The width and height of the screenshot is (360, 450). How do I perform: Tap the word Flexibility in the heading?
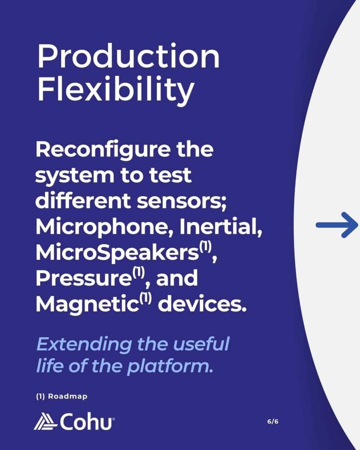pyautogui.click(x=116, y=90)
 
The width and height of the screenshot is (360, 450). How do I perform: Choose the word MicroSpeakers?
pyautogui.click(x=118, y=253)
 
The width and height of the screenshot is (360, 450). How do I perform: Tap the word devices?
pyautogui.click(x=202, y=304)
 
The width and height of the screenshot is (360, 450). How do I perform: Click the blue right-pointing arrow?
pyautogui.click(x=336, y=225)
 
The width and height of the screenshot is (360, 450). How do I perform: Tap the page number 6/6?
pyautogui.click(x=273, y=421)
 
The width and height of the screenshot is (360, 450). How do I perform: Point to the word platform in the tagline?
pyautogui.click(x=170, y=367)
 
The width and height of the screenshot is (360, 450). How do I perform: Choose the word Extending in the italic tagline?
pyautogui.click(x=84, y=344)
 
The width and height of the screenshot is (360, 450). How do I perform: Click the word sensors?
pyautogui.click(x=181, y=202)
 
